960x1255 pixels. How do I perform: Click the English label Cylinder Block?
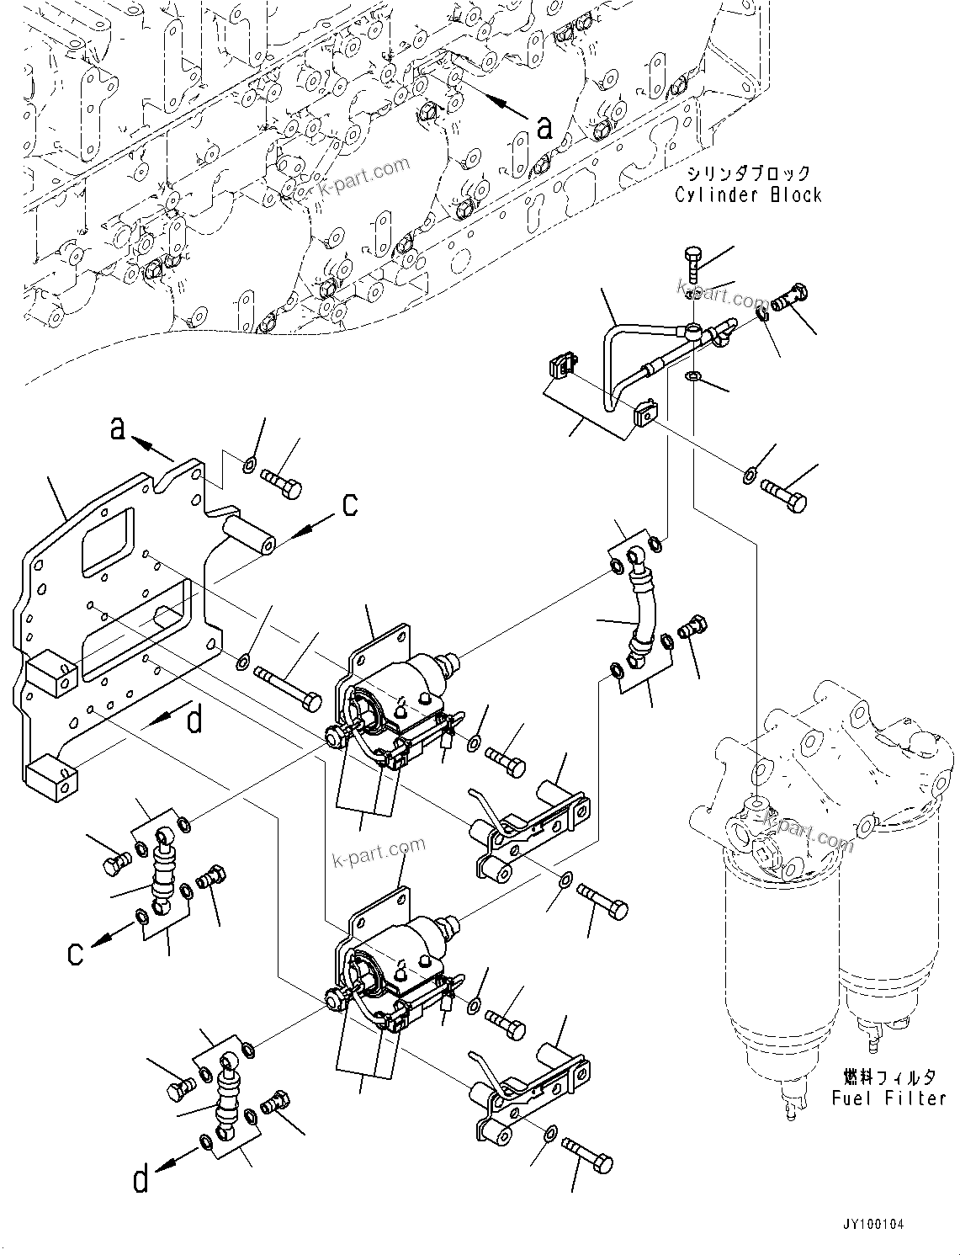tap(747, 194)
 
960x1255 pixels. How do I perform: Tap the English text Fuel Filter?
tap(888, 1098)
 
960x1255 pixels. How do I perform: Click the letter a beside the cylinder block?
tap(545, 127)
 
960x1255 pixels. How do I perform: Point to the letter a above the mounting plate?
tap(118, 428)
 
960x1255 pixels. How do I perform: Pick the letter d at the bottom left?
tap(141, 1179)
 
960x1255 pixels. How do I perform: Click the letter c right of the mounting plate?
tap(349, 504)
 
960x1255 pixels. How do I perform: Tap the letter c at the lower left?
tap(76, 954)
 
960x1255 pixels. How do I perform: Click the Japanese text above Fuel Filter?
tap(889, 1077)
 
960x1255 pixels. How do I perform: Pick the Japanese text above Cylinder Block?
tap(747, 173)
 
